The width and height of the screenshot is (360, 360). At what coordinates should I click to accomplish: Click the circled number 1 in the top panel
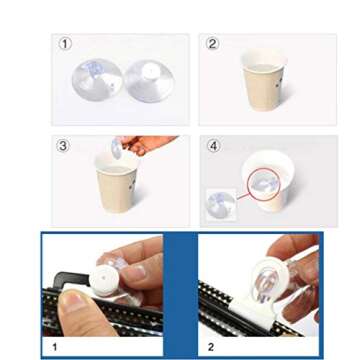pos(66,43)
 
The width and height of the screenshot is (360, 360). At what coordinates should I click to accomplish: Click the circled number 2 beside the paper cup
pos(212,43)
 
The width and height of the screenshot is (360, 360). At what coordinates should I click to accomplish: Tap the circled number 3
pos(64,146)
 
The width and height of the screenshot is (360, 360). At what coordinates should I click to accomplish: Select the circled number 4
pos(213,146)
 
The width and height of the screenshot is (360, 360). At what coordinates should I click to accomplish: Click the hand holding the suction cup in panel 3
pos(150,144)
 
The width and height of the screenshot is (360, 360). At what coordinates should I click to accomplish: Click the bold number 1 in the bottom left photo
pos(54,347)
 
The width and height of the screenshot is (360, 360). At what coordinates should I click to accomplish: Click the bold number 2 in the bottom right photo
pos(210,347)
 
